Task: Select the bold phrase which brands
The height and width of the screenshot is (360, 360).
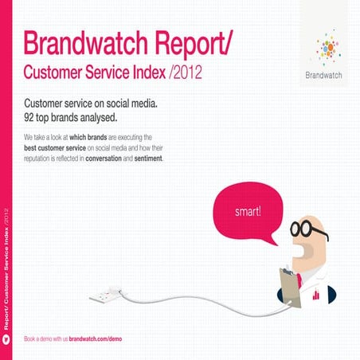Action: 104,138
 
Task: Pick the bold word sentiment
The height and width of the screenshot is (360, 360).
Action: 144,158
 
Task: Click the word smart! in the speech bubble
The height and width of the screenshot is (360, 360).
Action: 248,213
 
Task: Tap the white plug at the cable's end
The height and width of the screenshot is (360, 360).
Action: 105,295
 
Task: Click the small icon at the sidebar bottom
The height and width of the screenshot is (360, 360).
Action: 7,339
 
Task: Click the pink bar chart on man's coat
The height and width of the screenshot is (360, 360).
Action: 316,295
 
